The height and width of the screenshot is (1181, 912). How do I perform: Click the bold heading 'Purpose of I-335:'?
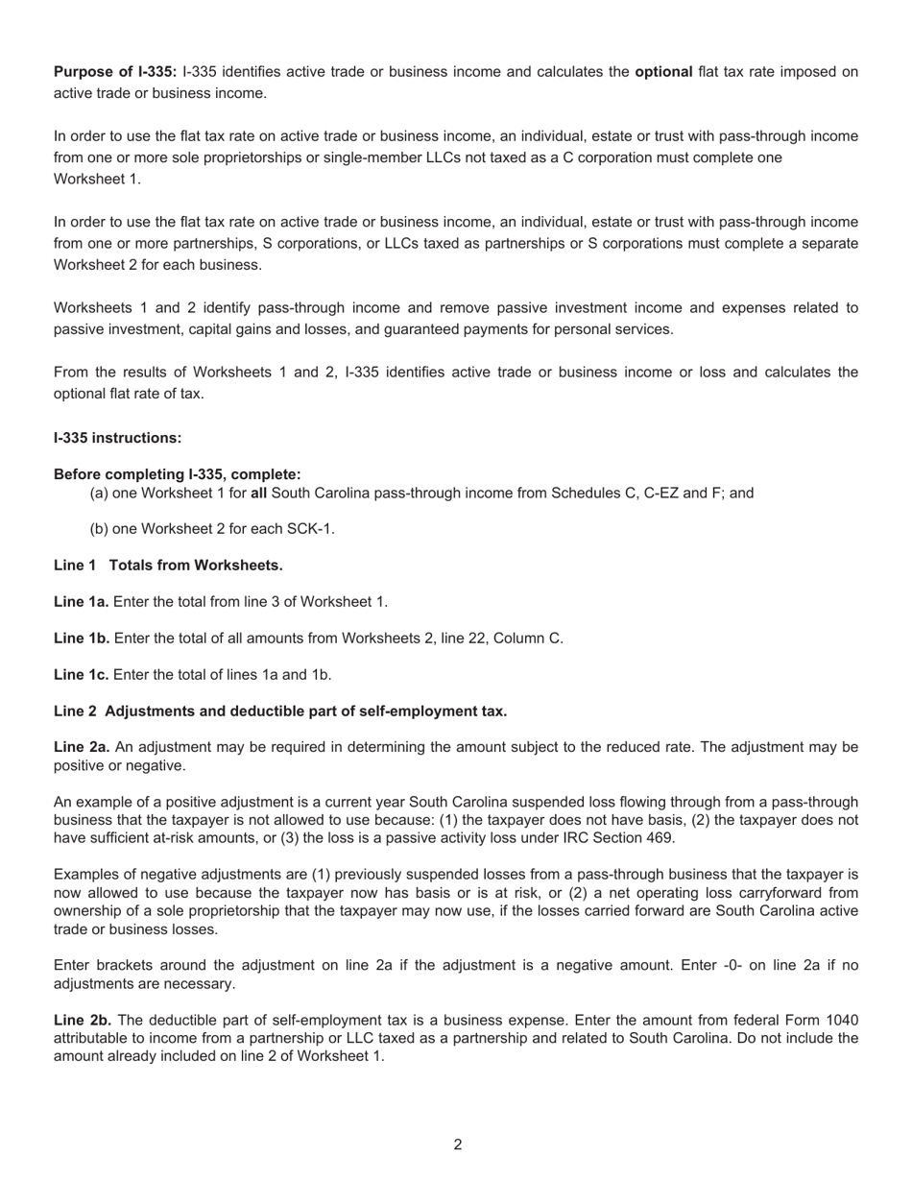pos(115,72)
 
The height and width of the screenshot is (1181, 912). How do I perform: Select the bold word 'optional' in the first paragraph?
pos(663,72)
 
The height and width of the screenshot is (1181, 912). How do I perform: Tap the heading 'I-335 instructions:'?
pos(117,438)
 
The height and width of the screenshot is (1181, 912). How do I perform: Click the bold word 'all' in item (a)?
pos(258,494)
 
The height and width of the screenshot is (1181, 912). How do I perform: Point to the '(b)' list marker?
pos(99,529)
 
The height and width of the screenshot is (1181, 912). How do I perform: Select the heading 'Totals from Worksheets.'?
pos(196,566)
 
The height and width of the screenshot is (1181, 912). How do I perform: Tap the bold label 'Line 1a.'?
pos(81,602)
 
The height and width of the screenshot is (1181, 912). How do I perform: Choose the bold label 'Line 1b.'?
pos(82,639)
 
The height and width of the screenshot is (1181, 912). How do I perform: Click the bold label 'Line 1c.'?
pos(81,675)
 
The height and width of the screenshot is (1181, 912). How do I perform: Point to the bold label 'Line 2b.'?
pos(82,1021)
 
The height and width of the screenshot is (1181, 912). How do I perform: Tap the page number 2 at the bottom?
pos(457,1145)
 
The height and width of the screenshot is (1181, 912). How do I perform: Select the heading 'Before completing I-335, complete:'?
pos(177,474)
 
